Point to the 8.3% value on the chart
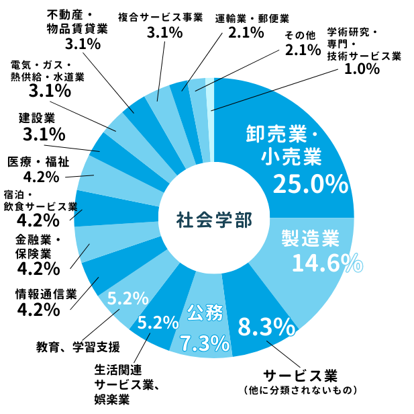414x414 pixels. click(267, 327)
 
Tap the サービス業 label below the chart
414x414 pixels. click(299, 374)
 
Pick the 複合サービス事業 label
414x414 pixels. click(160, 17)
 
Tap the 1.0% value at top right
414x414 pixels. click(362, 69)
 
